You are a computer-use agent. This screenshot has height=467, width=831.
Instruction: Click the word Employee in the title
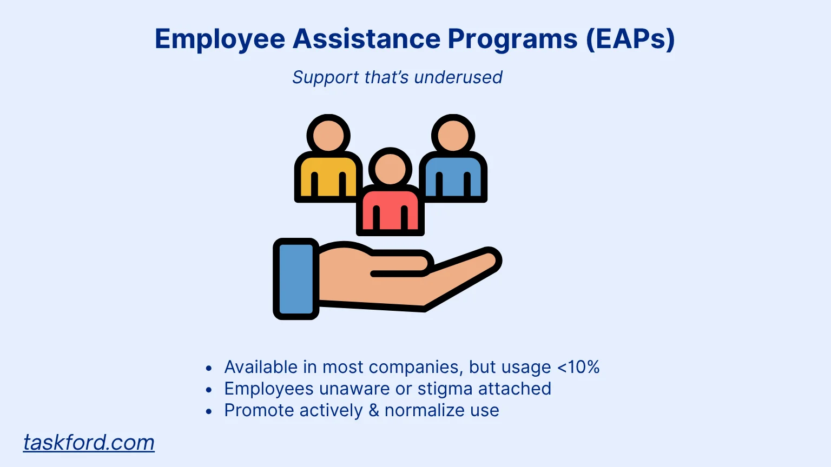(x=220, y=39)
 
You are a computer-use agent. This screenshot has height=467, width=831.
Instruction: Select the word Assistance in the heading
(x=366, y=38)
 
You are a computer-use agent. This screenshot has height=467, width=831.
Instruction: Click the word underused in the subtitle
(x=458, y=77)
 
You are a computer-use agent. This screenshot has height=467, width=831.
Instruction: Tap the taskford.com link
(x=89, y=443)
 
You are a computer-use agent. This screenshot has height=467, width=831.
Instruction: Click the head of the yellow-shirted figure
(x=328, y=136)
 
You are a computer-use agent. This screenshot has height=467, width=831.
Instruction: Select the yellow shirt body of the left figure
(x=328, y=177)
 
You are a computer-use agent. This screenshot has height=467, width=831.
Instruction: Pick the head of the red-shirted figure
(x=390, y=169)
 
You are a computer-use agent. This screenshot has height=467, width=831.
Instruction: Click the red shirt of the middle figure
(x=390, y=210)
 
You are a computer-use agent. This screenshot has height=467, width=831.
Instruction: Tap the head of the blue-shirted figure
(x=453, y=136)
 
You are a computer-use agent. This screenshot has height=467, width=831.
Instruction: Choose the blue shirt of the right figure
(x=453, y=177)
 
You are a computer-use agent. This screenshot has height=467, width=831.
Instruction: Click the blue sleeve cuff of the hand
(x=296, y=279)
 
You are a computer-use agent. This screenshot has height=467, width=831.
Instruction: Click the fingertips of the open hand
(x=489, y=259)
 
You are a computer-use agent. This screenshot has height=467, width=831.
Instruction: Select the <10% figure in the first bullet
(x=578, y=368)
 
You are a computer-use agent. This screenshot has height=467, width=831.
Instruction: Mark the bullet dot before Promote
(x=209, y=411)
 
